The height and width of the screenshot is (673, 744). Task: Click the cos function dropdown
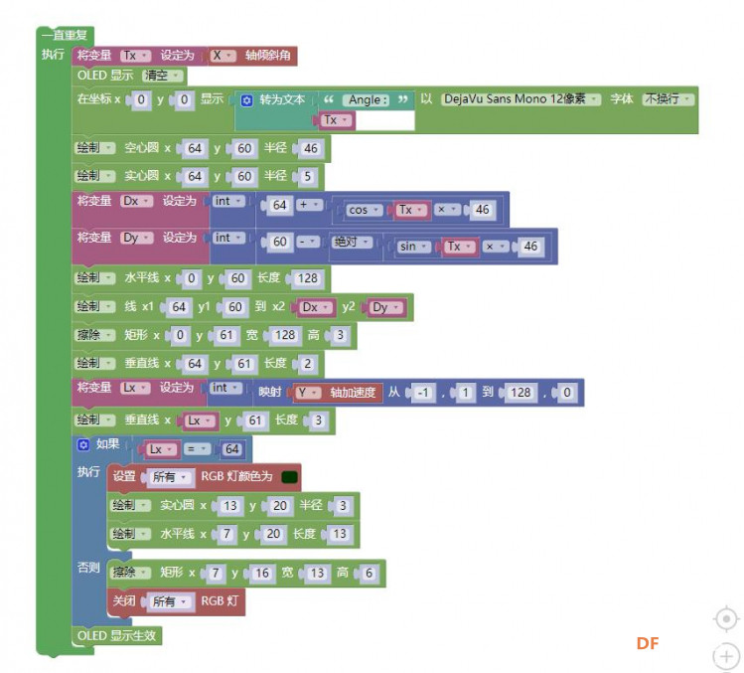point(364,210)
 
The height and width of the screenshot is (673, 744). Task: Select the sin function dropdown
point(414,247)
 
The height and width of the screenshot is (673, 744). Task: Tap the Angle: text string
point(369,99)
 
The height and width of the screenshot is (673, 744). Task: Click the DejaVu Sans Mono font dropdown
point(521,99)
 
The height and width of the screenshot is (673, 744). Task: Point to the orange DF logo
point(648,643)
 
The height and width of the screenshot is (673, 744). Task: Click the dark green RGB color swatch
point(289,477)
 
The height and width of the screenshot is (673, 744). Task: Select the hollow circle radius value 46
point(310,148)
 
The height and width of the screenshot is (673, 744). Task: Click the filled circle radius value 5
point(308,176)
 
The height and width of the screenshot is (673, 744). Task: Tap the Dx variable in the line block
point(315,307)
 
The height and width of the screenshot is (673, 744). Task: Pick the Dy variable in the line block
point(385,307)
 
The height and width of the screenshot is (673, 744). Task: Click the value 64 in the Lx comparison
point(231,449)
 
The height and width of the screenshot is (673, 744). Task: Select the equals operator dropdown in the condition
point(197,449)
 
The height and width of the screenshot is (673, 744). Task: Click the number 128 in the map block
point(521,393)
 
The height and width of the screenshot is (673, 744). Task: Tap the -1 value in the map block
point(422,393)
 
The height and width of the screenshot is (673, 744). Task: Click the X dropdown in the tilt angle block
point(223,56)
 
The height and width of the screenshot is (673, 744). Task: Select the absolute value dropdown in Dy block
point(351,242)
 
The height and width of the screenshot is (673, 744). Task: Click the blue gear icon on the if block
point(83,444)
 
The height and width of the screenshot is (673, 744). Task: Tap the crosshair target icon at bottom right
point(726,619)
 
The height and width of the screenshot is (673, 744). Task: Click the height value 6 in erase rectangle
point(369,574)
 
